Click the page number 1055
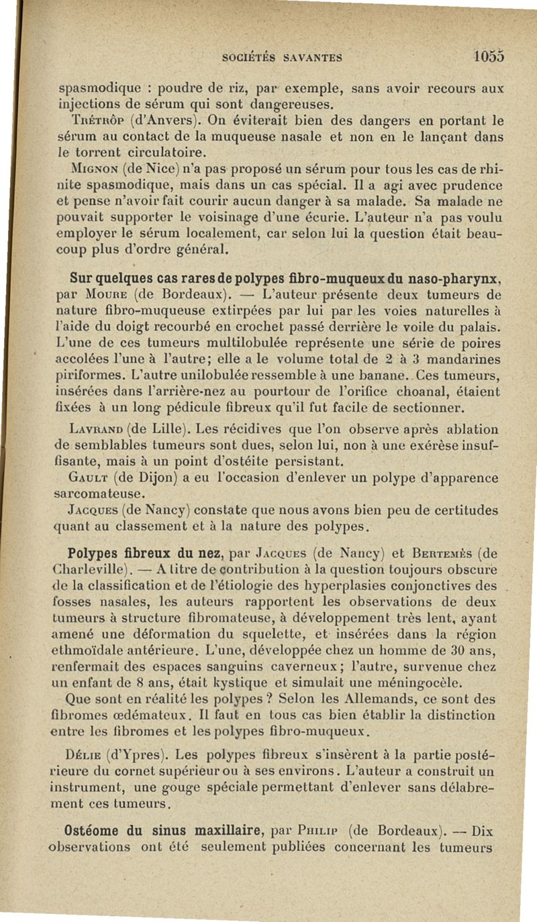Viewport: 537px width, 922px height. pos(487,56)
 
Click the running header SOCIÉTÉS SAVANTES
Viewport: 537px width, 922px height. pos(283,58)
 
